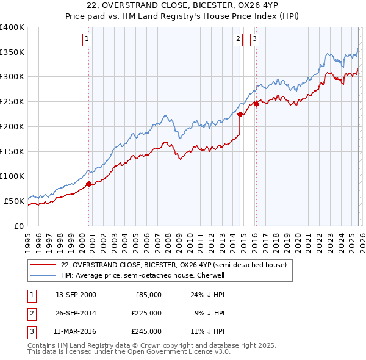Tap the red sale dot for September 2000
pos(88,183)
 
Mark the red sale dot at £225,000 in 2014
pos(240,113)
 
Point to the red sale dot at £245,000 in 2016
pos(256,104)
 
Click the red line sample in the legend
pos(43,265)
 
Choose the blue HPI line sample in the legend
pos(43,275)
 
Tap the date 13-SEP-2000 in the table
pos(76,295)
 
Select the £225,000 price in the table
pos(147,313)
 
